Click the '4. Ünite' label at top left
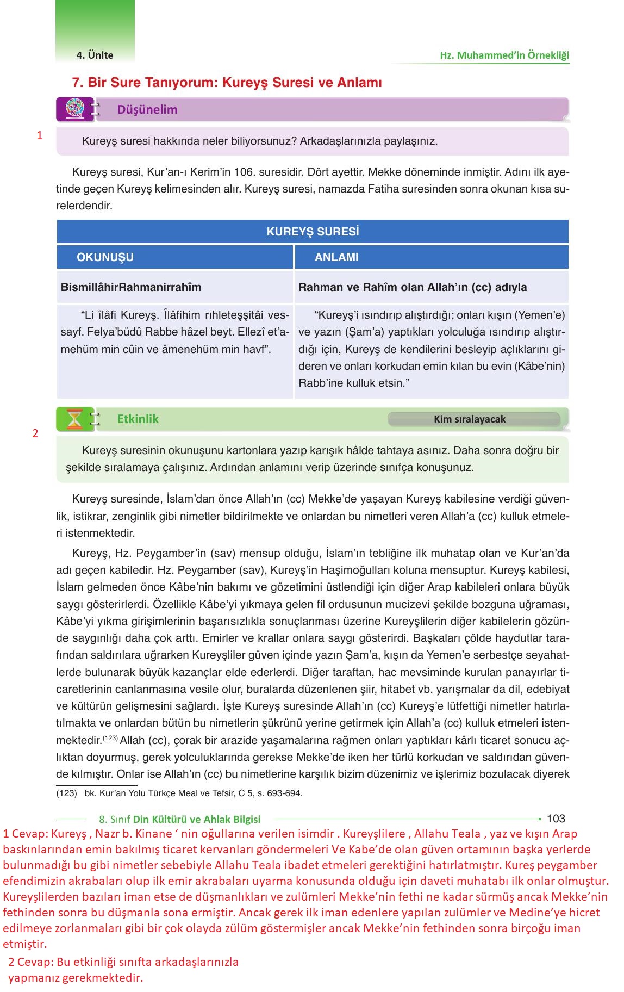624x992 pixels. tap(95, 55)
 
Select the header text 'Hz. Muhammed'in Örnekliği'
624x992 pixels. tap(504, 55)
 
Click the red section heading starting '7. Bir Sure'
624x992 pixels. tap(227, 83)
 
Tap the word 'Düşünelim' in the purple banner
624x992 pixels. tap(147, 109)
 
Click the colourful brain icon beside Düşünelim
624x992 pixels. tap(75, 109)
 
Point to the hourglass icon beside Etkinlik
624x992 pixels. tap(75, 419)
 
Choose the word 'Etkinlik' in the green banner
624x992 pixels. tap(138, 419)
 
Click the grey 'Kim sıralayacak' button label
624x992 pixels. tap(470, 419)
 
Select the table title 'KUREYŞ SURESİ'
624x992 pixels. tap(313, 232)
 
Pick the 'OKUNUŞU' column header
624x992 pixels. tap(105, 257)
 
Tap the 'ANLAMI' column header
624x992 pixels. tap(336, 257)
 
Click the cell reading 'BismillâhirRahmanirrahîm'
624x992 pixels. tap(131, 287)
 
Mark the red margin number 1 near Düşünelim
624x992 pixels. tap(40, 135)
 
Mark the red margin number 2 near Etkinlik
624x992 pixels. tap(35, 433)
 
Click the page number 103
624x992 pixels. tap(556, 819)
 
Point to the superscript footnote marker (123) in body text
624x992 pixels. tap(110, 738)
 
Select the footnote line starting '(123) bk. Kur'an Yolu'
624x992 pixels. tap(179, 793)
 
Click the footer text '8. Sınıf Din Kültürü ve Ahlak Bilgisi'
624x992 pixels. tap(180, 819)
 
